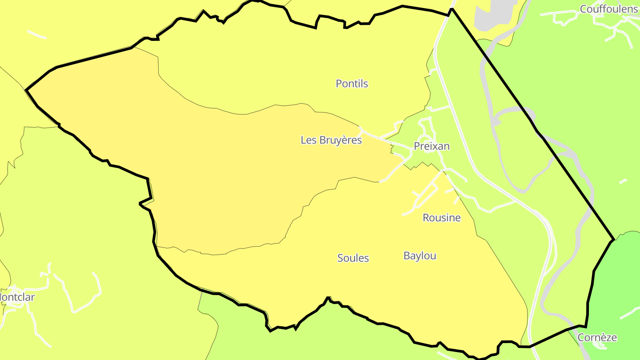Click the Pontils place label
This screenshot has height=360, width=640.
coord(352,84)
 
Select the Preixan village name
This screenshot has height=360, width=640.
coord(432,146)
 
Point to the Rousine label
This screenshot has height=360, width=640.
coord(441,218)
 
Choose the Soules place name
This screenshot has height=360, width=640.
coord(353,258)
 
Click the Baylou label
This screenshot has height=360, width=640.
coord(420,256)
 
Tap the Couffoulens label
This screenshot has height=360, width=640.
coord(608,9)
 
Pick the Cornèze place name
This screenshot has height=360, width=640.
coord(597,337)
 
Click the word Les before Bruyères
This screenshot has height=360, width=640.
coord(308,140)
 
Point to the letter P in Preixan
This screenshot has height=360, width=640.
coord(417,146)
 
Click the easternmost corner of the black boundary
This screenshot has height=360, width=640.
coord(614,240)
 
